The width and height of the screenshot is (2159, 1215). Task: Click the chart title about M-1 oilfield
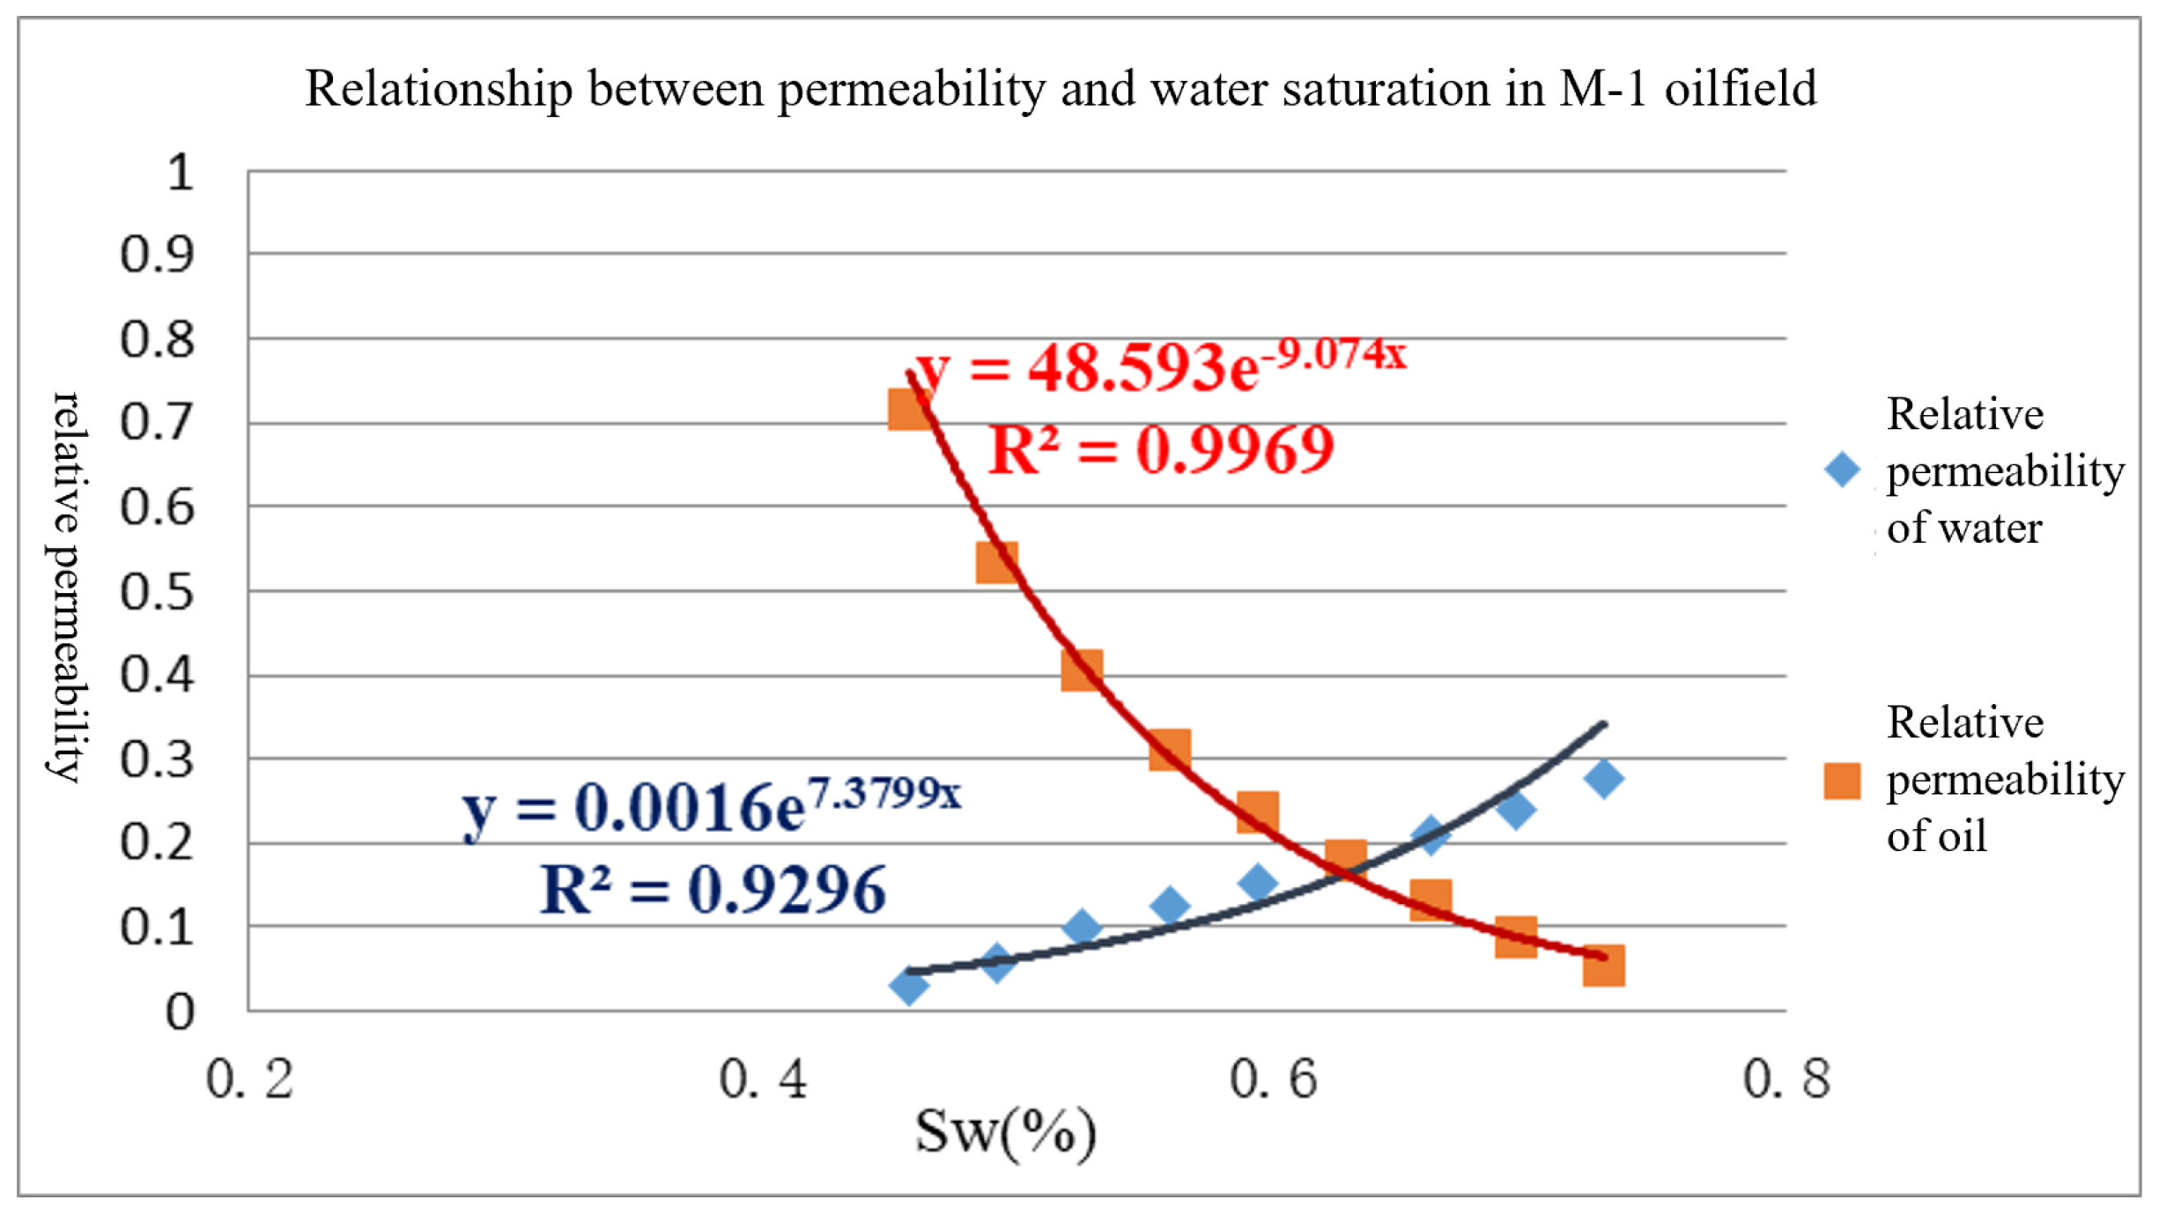[1060, 89]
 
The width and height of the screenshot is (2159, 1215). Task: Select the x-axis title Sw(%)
[1005, 1131]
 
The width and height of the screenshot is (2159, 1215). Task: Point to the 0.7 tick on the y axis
[156, 422]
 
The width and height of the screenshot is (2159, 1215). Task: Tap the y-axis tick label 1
[180, 172]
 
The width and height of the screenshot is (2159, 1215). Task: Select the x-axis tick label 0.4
[763, 1078]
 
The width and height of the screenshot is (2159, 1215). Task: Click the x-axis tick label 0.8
[1786, 1078]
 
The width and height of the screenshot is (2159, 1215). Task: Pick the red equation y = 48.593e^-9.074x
[1161, 365]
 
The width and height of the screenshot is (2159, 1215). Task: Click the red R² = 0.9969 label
[1161, 450]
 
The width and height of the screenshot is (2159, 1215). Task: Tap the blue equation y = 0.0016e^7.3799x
[712, 806]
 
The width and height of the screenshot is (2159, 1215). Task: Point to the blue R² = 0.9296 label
[712, 890]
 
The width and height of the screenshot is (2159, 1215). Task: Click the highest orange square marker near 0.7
[909, 410]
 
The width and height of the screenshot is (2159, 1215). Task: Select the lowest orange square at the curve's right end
[1603, 966]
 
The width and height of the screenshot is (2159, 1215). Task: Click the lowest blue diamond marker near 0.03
[908, 985]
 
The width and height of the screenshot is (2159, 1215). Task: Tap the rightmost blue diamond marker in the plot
[1603, 779]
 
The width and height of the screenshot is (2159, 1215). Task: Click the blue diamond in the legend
[1842, 470]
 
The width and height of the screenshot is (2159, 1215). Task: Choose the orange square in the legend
[1842, 781]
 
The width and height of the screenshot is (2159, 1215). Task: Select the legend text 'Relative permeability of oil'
[2004, 780]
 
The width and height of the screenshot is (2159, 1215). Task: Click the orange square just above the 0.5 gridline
[996, 562]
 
